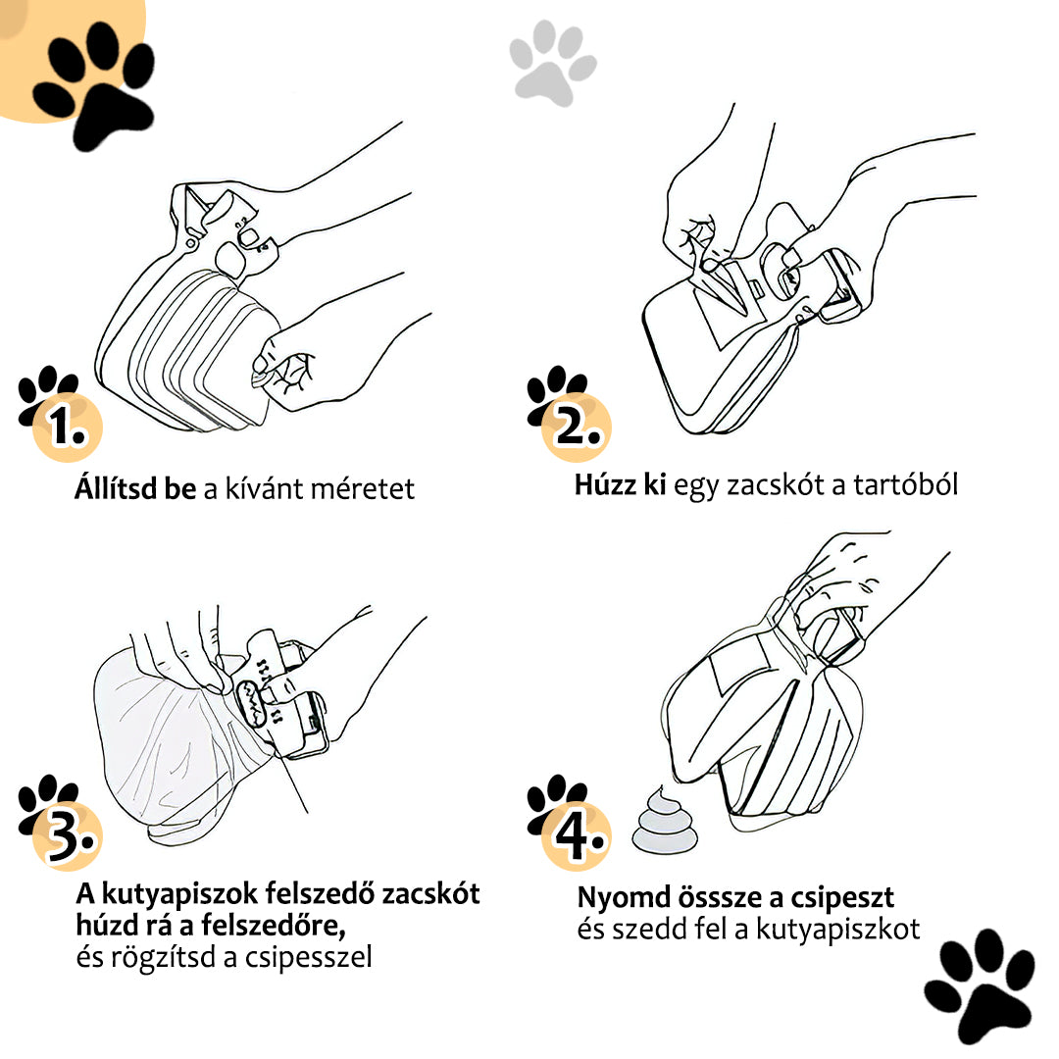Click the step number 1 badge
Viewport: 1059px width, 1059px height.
click(x=67, y=427)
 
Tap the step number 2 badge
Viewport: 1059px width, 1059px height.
click(x=577, y=427)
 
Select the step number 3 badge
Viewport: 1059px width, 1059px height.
click(x=67, y=835)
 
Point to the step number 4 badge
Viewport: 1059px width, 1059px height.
click(x=577, y=835)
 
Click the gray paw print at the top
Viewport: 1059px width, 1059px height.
click(x=553, y=63)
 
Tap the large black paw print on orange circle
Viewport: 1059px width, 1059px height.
click(x=94, y=84)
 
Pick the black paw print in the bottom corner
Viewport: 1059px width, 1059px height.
click(x=980, y=986)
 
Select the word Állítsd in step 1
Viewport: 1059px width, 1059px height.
click(x=116, y=487)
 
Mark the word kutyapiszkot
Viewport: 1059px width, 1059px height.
click(x=837, y=930)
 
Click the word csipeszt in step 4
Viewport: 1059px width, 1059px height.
click(x=842, y=899)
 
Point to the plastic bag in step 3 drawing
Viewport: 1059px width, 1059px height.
click(x=176, y=743)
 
